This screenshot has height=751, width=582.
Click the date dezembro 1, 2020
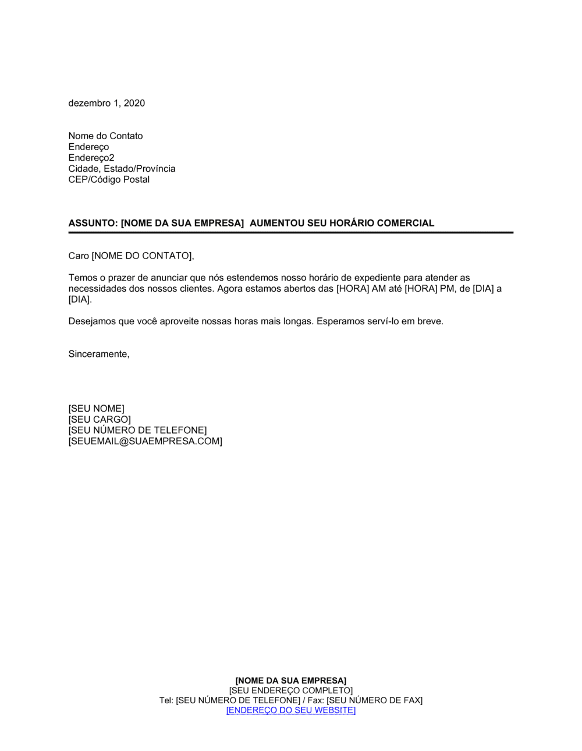pos(107,103)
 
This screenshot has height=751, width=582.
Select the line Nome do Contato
pos(105,136)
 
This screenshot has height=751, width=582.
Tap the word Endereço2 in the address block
pos(91,158)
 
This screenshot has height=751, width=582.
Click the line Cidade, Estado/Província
pos(122,168)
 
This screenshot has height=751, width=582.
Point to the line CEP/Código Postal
pos(109,179)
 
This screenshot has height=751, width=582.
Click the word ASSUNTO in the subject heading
pos(92,223)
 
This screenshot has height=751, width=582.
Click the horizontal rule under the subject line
pos(290,232)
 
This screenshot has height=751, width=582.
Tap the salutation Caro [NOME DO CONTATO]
pos(131,256)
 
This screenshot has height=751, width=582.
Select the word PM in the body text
pos(446,289)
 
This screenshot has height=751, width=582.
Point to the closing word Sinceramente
pos(98,354)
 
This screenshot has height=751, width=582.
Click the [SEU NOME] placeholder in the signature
pos(96,409)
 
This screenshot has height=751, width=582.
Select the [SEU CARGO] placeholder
pos(100,419)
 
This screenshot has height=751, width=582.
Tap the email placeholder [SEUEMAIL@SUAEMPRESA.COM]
pos(145,441)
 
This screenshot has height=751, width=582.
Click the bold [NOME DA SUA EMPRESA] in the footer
pos(290,681)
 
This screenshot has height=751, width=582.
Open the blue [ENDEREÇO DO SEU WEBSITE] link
pos(290,710)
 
